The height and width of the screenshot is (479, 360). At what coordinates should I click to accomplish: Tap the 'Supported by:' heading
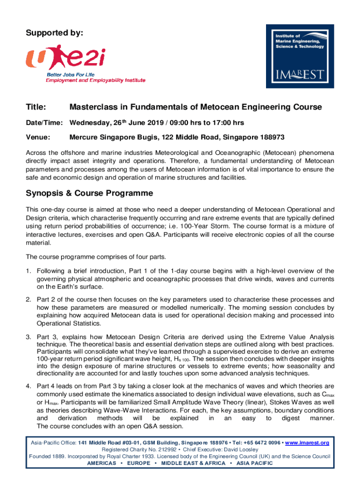pyautogui.click(x=55, y=33)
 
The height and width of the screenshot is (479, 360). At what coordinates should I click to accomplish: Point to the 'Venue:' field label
pyautogui.click(x=38, y=138)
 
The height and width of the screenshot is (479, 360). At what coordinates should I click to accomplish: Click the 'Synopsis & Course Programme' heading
pyautogui.click(x=89, y=193)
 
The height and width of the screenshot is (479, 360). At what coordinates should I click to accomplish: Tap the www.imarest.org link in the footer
pyautogui.click(x=306, y=443)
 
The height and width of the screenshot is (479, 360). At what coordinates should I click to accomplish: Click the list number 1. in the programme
pyautogui.click(x=29, y=271)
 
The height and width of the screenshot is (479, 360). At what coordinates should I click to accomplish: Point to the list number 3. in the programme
pyautogui.click(x=29, y=337)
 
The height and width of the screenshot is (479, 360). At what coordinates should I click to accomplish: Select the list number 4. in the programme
pyautogui.click(x=29, y=386)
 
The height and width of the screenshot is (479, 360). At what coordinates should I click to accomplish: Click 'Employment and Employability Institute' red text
pyautogui.click(x=95, y=80)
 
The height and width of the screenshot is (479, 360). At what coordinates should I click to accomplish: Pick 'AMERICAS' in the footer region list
pyautogui.click(x=101, y=463)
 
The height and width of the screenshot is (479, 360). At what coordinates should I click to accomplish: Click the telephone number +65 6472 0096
pyautogui.click(x=259, y=443)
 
